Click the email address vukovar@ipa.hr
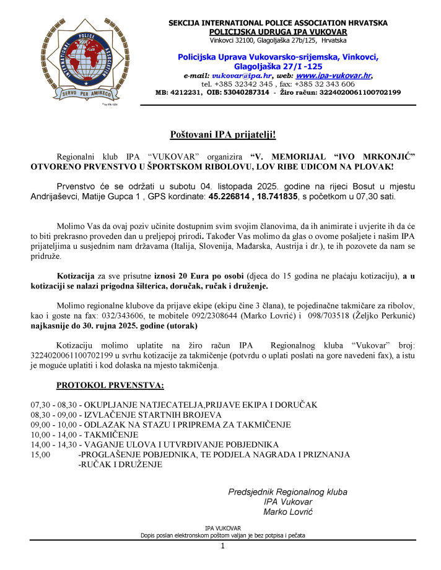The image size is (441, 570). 230,75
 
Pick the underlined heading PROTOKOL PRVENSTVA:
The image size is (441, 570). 110,386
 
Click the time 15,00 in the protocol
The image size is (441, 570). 40,454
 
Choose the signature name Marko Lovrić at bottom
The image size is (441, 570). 288,512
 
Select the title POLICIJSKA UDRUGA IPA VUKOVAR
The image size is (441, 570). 278,32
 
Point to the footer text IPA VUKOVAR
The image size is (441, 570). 222,528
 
